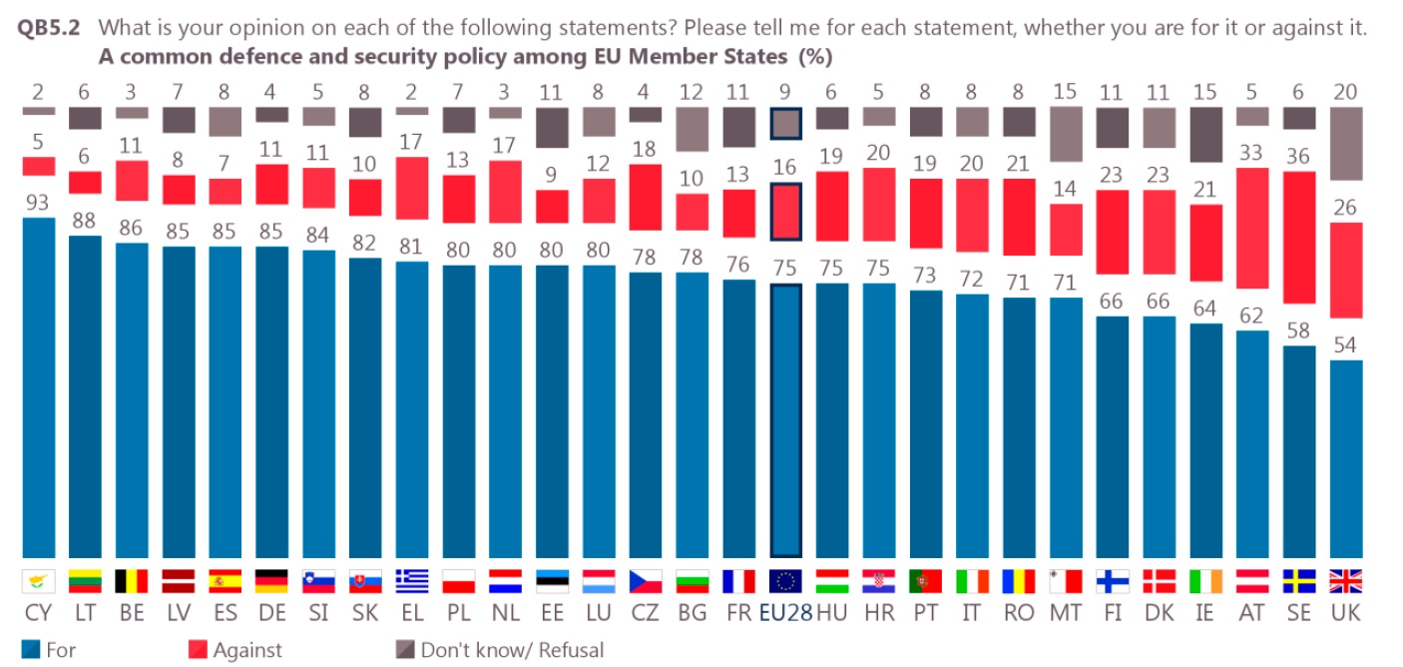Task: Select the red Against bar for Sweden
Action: pyautogui.click(x=1299, y=237)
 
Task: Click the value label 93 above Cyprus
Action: pyautogui.click(x=38, y=203)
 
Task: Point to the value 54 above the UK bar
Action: pyautogui.click(x=1346, y=345)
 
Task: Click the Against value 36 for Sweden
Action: pyautogui.click(x=1299, y=157)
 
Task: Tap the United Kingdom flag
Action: pyautogui.click(x=1346, y=581)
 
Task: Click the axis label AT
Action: pyautogui.click(x=1252, y=613)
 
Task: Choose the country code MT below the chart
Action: pyautogui.click(x=1066, y=613)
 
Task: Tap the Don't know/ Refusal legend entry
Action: pyautogui.click(x=499, y=650)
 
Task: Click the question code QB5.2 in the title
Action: pyautogui.click(x=52, y=28)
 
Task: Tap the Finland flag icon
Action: pyautogui.click(x=1113, y=581)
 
